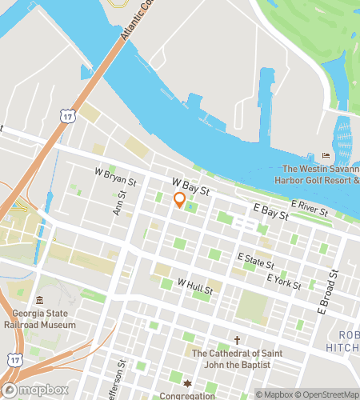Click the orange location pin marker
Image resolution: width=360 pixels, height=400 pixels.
(x=180, y=201)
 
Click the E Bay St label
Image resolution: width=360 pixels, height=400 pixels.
(x=270, y=212)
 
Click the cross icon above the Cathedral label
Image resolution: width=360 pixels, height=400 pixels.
(x=237, y=340)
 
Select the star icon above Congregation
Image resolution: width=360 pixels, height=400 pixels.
(x=188, y=383)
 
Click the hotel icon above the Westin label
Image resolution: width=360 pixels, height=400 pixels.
(x=326, y=155)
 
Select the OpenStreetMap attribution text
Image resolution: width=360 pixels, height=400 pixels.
(x=326, y=394)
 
